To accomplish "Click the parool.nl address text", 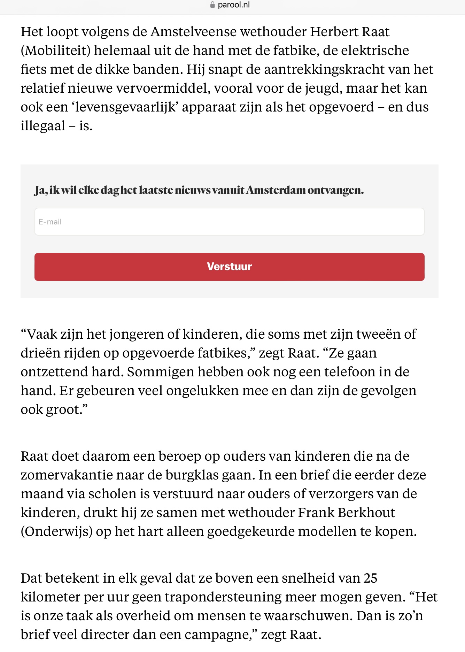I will tap(234, 5).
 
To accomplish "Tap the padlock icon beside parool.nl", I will tap(212, 5).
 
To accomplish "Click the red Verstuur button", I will tap(229, 267).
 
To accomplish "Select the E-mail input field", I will tap(229, 222).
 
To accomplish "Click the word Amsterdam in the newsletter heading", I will tap(276, 190).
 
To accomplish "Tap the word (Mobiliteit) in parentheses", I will tap(56, 51).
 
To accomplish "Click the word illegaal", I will tap(43, 126).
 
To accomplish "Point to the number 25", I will tap(370, 578).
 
